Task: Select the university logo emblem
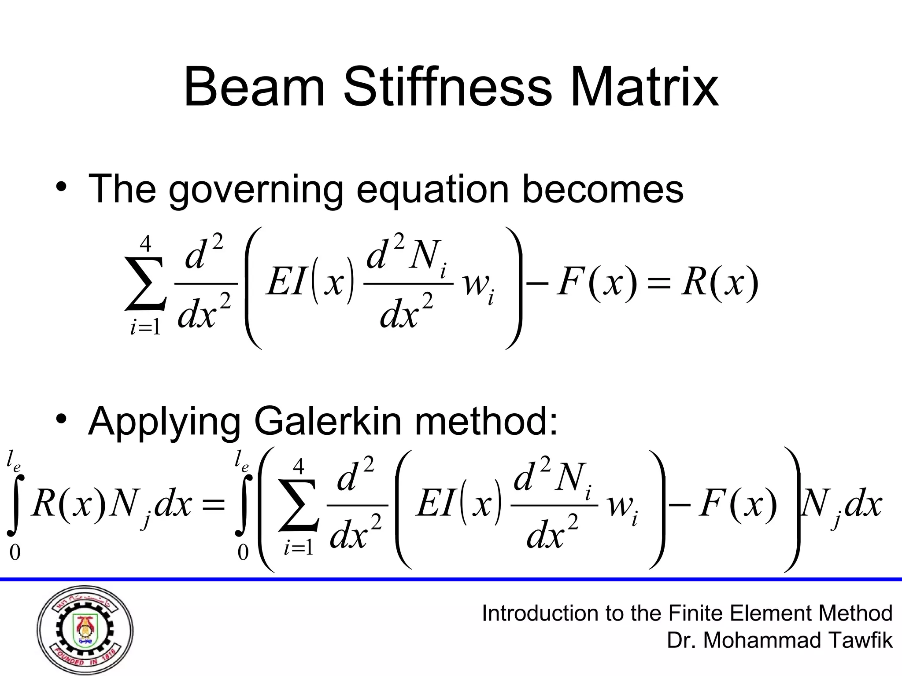85,630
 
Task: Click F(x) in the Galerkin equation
738,504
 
